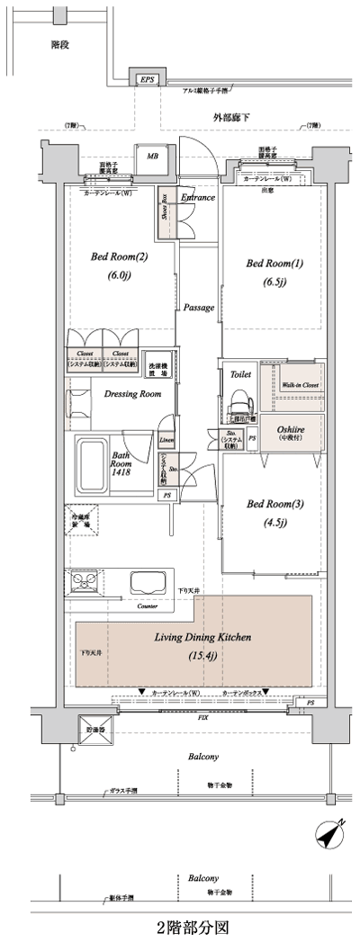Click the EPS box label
pyautogui.click(x=146, y=79)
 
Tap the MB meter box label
pyautogui.click(x=151, y=156)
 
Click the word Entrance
pyautogui.click(x=198, y=197)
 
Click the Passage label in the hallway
pyautogui.click(x=198, y=307)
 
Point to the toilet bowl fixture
pyautogui.click(x=240, y=398)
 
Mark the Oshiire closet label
pyautogui.click(x=288, y=430)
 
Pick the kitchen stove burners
pyautogui.click(x=84, y=581)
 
